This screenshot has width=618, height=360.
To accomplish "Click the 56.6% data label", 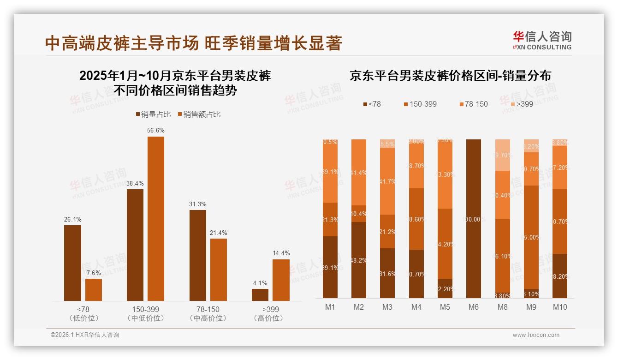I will coord(156,131).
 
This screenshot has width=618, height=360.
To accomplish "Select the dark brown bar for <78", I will coord(72,263).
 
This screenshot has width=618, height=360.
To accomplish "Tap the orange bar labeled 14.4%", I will coord(281,280).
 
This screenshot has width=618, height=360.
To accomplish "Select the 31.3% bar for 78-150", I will coord(198,256).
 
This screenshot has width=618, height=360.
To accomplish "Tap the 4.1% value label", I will coord(260,283).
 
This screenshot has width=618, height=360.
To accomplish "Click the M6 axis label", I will coord(474,307).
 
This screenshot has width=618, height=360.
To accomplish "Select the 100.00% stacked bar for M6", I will coord(474,219).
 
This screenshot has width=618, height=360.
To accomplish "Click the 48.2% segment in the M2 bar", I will coord(359,260).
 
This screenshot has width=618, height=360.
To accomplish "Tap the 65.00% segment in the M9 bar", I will coord(531,237).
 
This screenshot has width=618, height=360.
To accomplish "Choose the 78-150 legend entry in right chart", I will coord(473,104).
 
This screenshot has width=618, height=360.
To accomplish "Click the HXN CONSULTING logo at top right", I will coord(542,40).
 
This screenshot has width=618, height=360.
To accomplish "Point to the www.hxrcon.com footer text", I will coord(536,335).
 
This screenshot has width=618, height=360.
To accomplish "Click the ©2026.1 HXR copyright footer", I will coord(85,335).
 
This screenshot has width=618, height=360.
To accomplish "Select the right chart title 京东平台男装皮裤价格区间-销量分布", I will coord(450,76).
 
